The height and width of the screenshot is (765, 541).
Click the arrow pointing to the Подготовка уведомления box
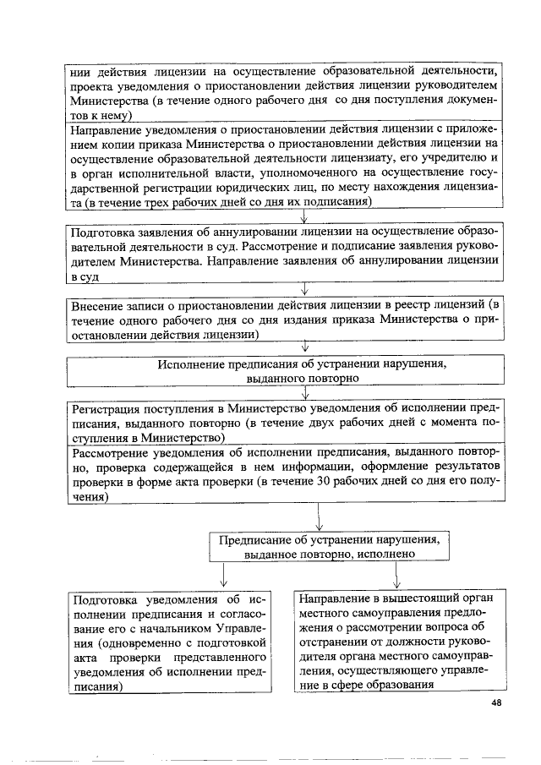pos(223,577)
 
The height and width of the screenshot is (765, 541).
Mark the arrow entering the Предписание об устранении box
pos(318,516)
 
